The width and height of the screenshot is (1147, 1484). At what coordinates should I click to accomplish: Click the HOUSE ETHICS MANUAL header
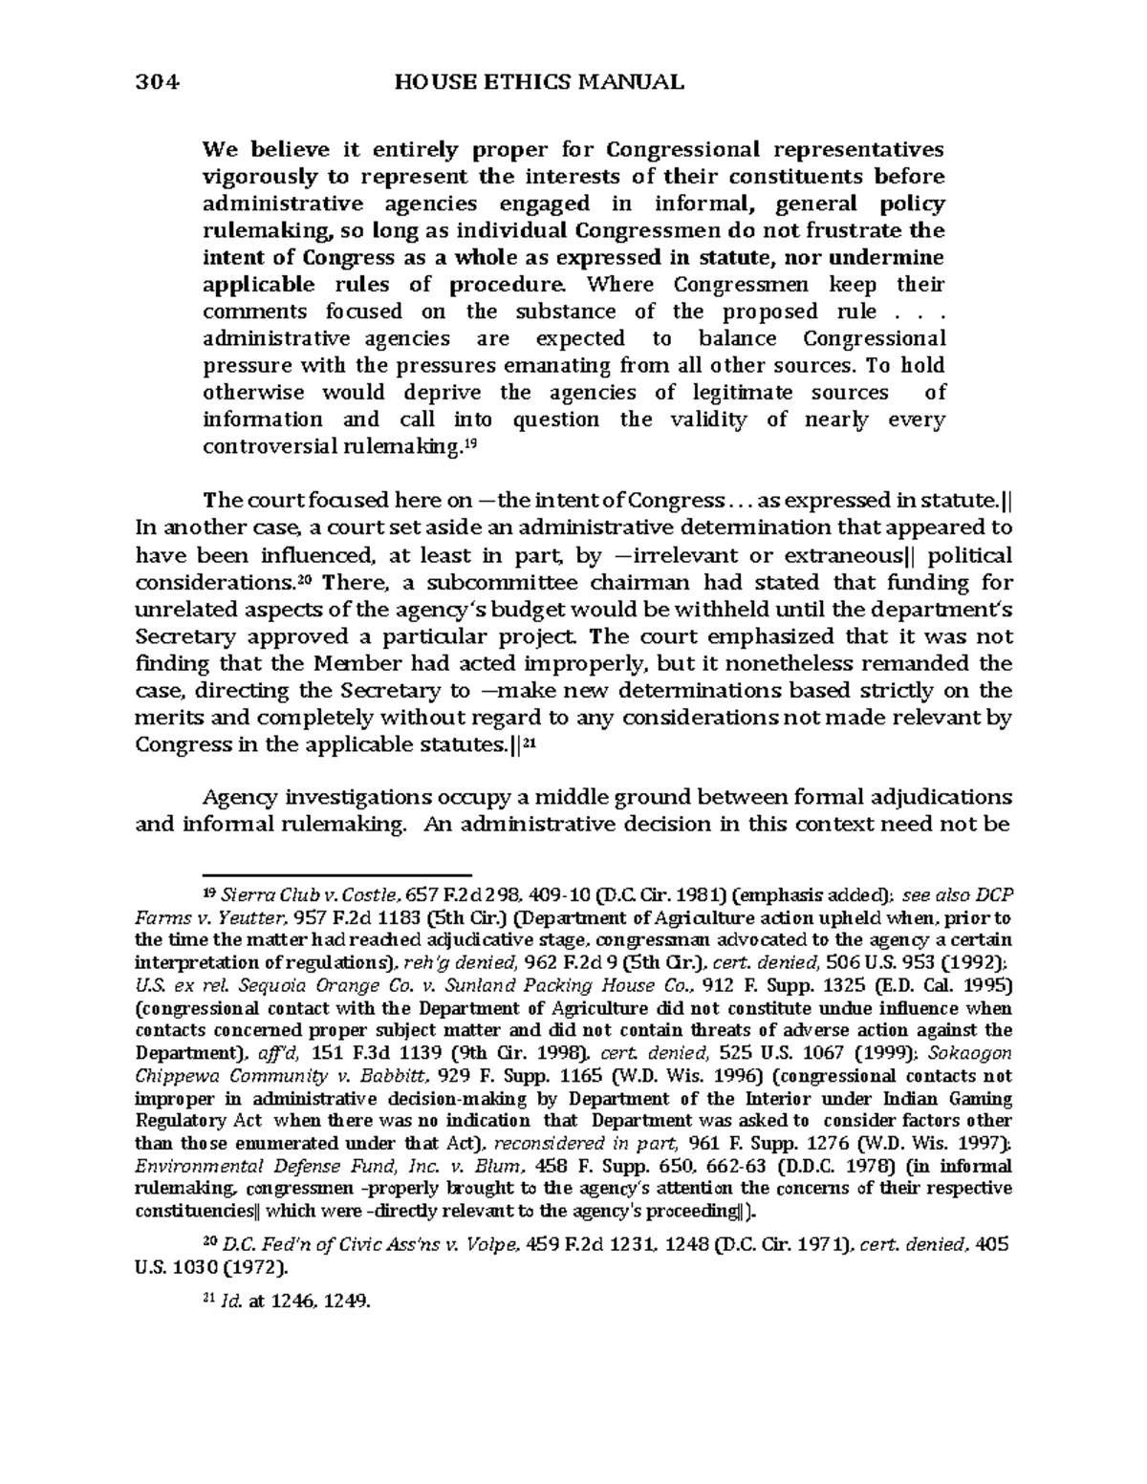[538, 82]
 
